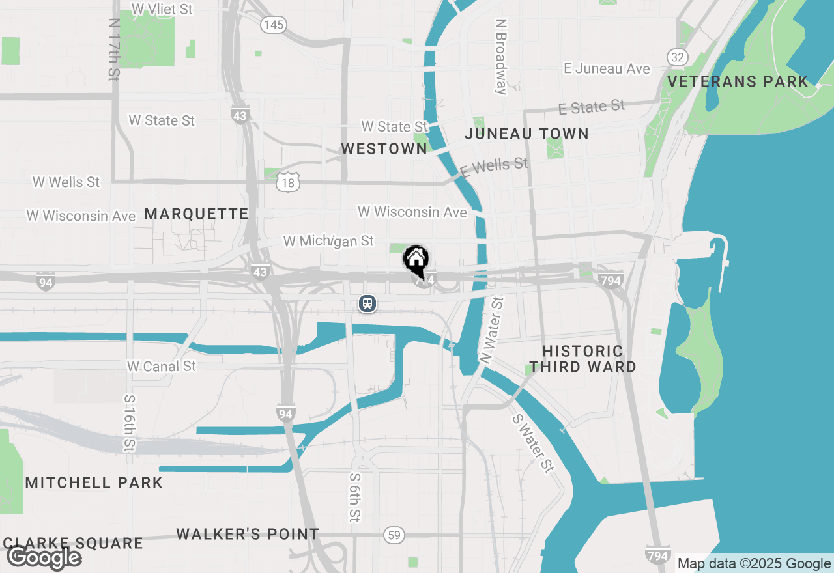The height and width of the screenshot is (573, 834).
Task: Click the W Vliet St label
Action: coord(162,8)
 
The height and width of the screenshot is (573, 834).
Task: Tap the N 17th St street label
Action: coord(115,49)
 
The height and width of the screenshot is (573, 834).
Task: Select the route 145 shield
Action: coord(273,25)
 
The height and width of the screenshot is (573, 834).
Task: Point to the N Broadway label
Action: coord(501,56)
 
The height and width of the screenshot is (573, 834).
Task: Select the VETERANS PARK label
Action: coord(738,82)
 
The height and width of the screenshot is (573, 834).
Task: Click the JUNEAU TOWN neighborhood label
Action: coord(526,134)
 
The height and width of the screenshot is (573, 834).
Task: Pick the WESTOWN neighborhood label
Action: coord(384,149)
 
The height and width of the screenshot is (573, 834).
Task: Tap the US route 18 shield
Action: coord(288,183)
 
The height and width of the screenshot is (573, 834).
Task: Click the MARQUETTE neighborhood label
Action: coord(196,214)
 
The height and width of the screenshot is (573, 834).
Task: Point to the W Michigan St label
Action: coord(328,241)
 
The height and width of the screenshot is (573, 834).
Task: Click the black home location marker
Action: coord(416,259)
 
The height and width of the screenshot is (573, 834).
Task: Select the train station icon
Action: coord(368,303)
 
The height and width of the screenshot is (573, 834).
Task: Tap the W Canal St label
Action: coord(162,366)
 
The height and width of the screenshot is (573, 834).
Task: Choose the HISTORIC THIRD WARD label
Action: coord(582,359)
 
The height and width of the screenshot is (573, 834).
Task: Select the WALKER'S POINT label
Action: coord(248,535)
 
